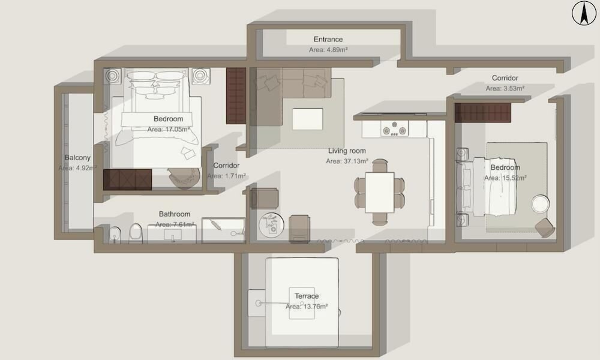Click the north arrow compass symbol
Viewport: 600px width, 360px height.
pos(584,13)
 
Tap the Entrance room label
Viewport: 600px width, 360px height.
pos(328,39)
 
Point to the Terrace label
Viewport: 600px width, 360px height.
pos(307,296)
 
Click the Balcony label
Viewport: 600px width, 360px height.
pos(77,158)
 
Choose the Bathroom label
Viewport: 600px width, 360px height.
pos(175,214)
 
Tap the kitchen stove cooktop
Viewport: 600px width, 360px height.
pos(395,128)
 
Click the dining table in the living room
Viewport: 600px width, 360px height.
pos(379,193)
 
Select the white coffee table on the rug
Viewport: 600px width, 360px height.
pos(307,119)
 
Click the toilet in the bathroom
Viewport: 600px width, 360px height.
pos(136,233)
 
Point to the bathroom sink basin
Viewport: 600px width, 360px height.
pos(173,235)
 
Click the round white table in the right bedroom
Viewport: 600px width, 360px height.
pos(541,203)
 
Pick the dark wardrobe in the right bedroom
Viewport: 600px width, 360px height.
pos(483,112)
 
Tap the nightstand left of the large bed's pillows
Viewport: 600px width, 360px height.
pos(112,76)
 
